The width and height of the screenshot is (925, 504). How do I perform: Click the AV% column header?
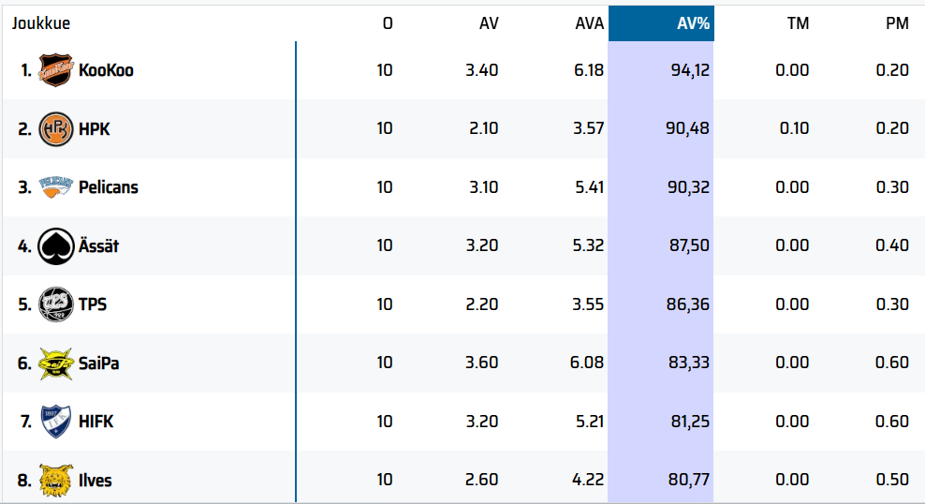(693, 23)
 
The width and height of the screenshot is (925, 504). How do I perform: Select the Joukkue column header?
(40, 23)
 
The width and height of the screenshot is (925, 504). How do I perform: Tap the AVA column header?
(589, 23)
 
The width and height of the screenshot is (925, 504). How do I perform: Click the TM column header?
(798, 23)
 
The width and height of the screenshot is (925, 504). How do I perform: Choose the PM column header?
(897, 23)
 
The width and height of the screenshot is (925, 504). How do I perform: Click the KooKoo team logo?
(55, 70)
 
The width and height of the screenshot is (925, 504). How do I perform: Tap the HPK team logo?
(55, 128)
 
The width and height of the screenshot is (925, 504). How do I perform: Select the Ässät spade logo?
(55, 245)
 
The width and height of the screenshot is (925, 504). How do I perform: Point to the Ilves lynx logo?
(55, 480)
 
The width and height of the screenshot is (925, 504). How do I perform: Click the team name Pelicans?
(108, 187)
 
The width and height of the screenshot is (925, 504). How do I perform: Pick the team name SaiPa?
(98, 363)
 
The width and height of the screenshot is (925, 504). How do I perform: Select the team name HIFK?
(95, 422)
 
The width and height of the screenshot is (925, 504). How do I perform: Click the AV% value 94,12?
(689, 70)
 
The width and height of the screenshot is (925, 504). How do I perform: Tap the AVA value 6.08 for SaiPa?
(588, 363)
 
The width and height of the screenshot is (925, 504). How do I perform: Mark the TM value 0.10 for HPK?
(794, 128)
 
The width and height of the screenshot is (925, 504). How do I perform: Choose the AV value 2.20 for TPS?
(482, 304)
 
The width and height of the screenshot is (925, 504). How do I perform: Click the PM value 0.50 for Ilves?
(892, 480)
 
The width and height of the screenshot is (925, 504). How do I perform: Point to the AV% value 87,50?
(689, 245)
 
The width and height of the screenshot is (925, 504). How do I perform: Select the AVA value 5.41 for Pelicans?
(588, 187)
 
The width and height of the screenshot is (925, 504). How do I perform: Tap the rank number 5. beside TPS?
(24, 304)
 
